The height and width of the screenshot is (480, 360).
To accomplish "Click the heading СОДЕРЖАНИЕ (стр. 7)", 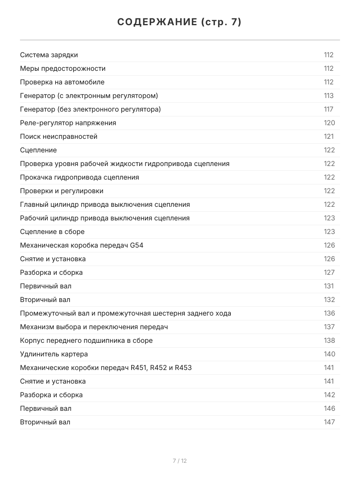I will coord(180,22).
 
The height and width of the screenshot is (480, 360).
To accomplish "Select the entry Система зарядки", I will coord(49,55).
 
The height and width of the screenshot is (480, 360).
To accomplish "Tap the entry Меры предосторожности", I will coord(63,68).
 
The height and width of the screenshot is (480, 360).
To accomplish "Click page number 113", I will coord(328,96).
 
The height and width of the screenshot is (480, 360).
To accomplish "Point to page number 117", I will coord(328,109).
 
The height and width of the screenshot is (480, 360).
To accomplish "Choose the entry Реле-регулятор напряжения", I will coord(68,123).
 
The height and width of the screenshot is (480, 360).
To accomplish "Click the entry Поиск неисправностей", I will coord(59,136).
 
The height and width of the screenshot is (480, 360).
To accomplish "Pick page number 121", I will coord(328,136).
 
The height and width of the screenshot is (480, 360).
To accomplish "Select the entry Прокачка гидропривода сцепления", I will coord(80,177).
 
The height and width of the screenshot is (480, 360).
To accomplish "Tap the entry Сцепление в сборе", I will coord(52,232).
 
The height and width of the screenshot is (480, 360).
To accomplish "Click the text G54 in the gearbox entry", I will coord(136,245).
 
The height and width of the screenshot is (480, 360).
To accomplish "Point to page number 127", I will coord(329,272).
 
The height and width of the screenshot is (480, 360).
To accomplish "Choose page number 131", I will coord(328,286).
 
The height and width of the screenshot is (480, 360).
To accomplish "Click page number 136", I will coord(329,313).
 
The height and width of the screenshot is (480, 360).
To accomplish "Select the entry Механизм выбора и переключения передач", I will coord(94,327).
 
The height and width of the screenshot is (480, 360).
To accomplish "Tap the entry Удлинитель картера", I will coord(54,354).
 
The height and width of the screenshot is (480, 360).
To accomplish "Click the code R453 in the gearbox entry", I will coord(183,368).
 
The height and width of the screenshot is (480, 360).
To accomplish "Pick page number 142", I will coord(329,395).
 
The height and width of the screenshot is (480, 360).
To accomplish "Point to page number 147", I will coord(329,422).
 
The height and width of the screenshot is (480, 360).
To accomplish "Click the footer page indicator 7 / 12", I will coord(180,461).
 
